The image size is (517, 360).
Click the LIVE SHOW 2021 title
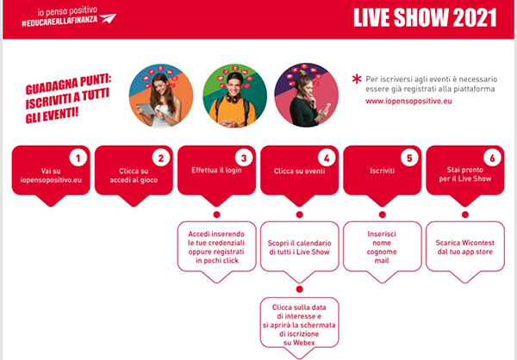click(425, 18)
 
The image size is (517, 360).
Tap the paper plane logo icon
click(109, 18)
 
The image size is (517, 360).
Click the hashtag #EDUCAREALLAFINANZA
click(59, 21)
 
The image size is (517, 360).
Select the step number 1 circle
click(78, 158)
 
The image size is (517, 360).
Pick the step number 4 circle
click(327, 158)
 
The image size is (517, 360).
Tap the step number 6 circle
click(492, 158)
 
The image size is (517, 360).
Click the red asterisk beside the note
click(357, 79)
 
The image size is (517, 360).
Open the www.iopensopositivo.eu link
click(408, 101)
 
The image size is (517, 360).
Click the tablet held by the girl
click(146, 109)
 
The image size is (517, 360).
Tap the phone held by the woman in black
click(327, 108)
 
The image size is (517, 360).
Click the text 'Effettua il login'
click(216, 171)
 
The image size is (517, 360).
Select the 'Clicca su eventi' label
click(299, 171)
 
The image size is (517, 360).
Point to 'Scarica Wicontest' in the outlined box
click(465, 243)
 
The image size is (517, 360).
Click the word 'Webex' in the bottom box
click(299, 343)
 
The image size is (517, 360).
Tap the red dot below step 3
click(216, 214)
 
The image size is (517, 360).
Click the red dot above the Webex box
click(299, 289)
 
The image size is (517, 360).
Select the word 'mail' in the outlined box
click(382, 261)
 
